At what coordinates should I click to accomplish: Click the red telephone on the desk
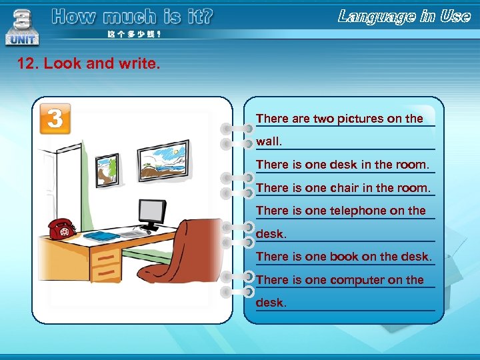pyautogui.click(x=61, y=229)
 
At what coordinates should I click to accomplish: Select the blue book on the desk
pyautogui.click(x=101, y=235)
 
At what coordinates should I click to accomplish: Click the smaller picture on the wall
pyautogui.click(x=107, y=169)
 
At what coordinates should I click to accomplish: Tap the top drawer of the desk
pyautogui.click(x=105, y=257)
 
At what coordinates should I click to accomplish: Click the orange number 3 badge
pyautogui.click(x=55, y=119)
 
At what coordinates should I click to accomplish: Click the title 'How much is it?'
pyautogui.click(x=132, y=17)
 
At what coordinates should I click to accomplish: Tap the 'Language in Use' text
pyautogui.click(x=404, y=17)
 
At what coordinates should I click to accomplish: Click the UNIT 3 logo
pyautogui.click(x=22, y=27)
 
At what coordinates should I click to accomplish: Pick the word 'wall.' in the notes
pyautogui.click(x=269, y=141)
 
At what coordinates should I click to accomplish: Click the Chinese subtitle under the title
pyautogui.click(x=133, y=34)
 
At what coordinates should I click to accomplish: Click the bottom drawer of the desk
pyautogui.click(x=105, y=273)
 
